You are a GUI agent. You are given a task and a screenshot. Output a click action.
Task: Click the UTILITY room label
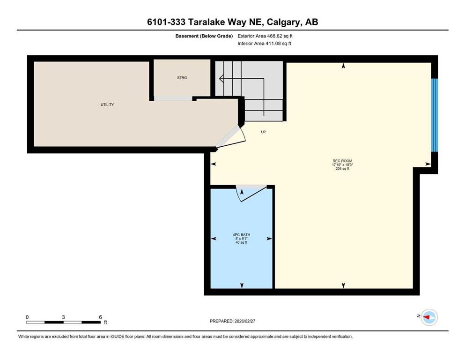pyautogui.click(x=107, y=105)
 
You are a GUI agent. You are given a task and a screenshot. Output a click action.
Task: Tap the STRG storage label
pyautogui.click(x=182, y=78)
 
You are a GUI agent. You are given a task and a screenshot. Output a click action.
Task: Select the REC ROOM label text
pyautogui.click(x=342, y=161)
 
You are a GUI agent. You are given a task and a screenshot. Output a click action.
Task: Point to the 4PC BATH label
pyautogui.click(x=241, y=235)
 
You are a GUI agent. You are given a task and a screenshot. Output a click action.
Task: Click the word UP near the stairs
pyautogui.click(x=263, y=132)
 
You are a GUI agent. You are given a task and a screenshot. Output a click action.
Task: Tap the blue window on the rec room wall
pyautogui.click(x=435, y=115)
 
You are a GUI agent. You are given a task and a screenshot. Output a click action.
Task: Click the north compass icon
pyautogui.click(x=429, y=317)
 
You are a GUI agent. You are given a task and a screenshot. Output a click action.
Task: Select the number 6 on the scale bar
pyautogui.click(x=101, y=317)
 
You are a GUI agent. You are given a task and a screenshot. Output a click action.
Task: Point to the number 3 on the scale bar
pyautogui.click(x=64, y=317)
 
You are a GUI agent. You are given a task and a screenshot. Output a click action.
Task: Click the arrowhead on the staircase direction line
pyautogui.click(x=221, y=79)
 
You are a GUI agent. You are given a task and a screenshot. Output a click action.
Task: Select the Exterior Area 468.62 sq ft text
pyautogui.click(x=265, y=36)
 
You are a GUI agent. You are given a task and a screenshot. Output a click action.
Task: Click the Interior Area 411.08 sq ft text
pyautogui.click(x=264, y=43)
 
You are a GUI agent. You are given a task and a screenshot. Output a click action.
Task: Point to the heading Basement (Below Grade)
pyautogui.click(x=204, y=36)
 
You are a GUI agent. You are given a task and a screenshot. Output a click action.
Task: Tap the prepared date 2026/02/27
pyautogui.click(x=244, y=321)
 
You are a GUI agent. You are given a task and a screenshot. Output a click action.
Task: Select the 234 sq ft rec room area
pyautogui.click(x=342, y=169)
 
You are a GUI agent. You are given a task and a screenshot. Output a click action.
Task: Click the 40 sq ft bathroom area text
pyautogui.click(x=241, y=242)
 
